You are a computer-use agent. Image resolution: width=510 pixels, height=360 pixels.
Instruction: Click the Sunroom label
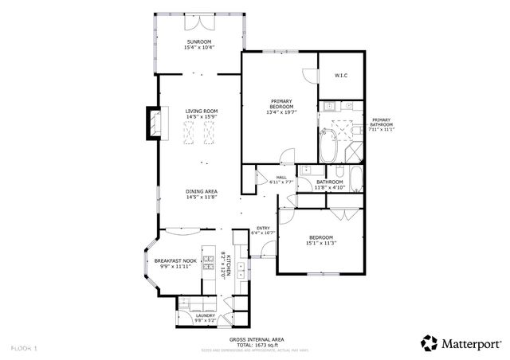[x=199, y=42]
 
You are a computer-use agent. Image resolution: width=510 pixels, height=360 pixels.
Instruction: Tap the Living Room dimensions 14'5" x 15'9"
[x=202, y=118]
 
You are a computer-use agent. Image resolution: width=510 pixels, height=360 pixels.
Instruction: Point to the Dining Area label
[x=202, y=191]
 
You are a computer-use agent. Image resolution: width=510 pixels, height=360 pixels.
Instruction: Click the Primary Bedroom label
[x=280, y=101]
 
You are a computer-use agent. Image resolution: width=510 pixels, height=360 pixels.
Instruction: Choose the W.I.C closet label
[x=340, y=76]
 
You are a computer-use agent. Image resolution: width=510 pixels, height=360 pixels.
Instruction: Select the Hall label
[x=281, y=177]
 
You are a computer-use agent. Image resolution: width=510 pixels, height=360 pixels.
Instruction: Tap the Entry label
[x=262, y=229]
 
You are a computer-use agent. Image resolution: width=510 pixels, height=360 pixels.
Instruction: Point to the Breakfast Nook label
[x=175, y=261]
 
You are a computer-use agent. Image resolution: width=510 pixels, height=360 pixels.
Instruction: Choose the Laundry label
[x=206, y=315]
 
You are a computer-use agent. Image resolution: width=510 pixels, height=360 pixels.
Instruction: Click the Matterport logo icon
[x=430, y=343]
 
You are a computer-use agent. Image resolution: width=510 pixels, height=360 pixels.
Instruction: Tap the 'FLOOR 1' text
[x=24, y=348]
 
